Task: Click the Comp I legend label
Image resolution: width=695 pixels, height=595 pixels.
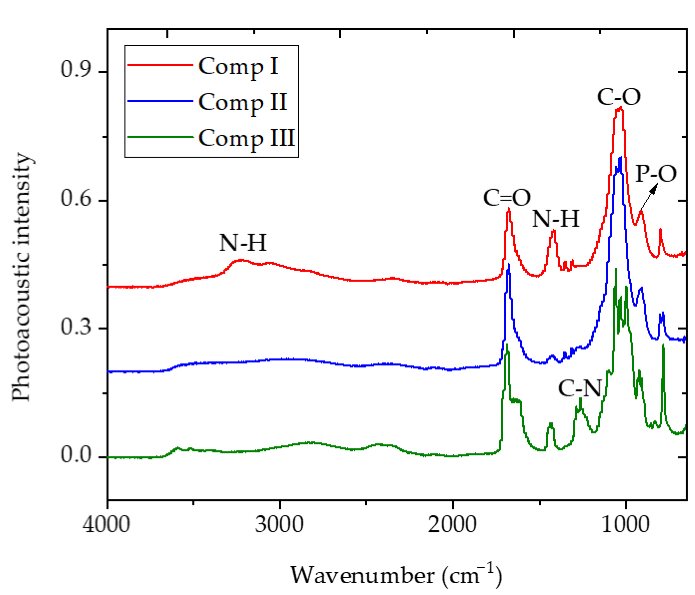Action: tap(239, 66)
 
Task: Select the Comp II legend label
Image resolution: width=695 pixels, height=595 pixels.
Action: tap(243, 102)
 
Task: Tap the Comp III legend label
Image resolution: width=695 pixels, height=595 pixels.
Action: tap(247, 138)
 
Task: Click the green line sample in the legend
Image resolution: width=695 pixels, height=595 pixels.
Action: tap(160, 137)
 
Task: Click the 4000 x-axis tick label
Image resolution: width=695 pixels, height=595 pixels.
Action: tap(107, 525)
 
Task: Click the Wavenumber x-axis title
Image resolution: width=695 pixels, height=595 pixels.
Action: tap(396, 575)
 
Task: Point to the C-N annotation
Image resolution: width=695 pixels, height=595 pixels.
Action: tap(580, 389)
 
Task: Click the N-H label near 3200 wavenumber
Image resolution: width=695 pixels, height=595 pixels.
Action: tap(243, 242)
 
